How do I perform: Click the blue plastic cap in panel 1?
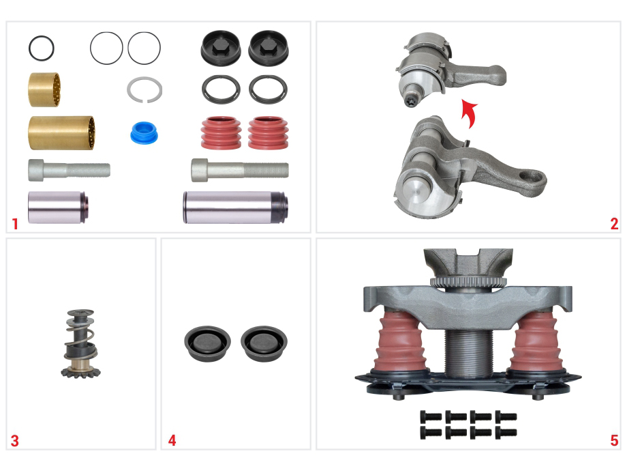click(144, 133)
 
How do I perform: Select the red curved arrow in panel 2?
click(469, 113)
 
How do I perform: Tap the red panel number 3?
click(15, 441)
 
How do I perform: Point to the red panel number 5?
click(614, 440)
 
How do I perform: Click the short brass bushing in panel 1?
click(44, 89)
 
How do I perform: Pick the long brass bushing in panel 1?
click(61, 133)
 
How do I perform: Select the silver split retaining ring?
click(144, 89)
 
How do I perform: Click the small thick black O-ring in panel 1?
click(41, 48)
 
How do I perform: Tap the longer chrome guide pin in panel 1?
click(235, 207)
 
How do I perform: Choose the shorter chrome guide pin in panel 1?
click(57, 207)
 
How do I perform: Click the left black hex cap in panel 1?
click(221, 48)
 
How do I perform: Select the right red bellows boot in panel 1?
click(268, 133)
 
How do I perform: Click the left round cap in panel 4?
click(207, 343)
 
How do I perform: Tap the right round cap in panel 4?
click(264, 343)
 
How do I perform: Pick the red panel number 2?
click(614, 224)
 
